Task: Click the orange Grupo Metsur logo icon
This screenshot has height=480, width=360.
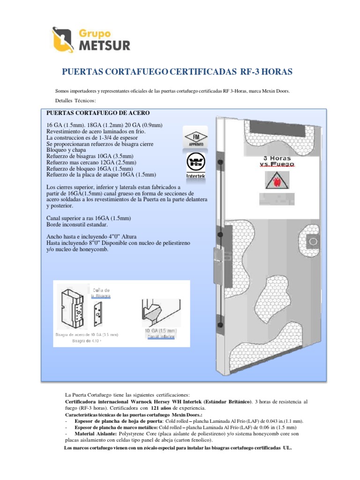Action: click(x=62, y=39)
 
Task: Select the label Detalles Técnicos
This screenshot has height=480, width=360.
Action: click(x=75, y=101)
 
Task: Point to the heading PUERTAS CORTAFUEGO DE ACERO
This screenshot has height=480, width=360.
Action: click(x=97, y=113)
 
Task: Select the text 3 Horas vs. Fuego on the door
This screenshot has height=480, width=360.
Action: click(x=277, y=161)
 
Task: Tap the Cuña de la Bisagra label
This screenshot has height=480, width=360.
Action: click(x=101, y=293)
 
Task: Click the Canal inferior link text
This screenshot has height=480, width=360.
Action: click(x=161, y=337)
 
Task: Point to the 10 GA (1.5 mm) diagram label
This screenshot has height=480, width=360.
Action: click(x=160, y=330)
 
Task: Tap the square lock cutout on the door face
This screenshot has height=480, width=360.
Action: click(x=312, y=242)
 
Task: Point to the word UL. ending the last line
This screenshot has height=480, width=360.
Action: click(x=286, y=448)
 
